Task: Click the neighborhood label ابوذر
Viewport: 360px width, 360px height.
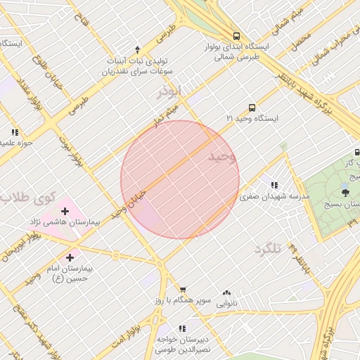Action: (170, 91)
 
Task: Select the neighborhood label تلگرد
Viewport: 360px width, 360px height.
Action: (268, 248)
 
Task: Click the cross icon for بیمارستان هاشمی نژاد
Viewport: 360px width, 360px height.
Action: (65, 210)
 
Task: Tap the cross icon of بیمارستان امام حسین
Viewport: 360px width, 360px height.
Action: (70, 258)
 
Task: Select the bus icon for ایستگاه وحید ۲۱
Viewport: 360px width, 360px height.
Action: (252, 108)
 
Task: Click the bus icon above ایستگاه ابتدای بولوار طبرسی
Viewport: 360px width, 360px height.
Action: (236, 35)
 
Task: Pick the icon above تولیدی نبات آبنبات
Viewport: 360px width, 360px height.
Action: (137, 50)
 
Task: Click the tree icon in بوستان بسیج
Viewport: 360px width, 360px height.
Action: (345, 193)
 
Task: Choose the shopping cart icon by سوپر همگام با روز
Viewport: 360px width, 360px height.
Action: (183, 289)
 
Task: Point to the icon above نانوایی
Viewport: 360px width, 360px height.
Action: (226, 292)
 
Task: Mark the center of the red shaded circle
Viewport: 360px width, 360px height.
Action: (180, 179)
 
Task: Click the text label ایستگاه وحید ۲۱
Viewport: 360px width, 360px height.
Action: (252, 119)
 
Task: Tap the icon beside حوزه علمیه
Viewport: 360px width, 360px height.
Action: (14, 131)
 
